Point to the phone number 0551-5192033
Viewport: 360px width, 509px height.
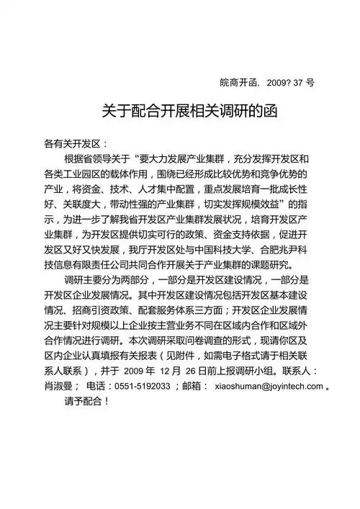[143, 387]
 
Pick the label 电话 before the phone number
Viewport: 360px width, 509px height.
[96, 387]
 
